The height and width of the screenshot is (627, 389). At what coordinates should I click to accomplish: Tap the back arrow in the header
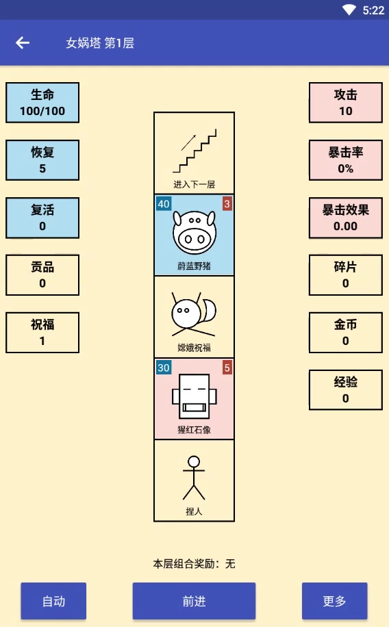pyautogui.click(x=23, y=42)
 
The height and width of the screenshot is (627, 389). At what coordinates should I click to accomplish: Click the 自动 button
pyautogui.click(x=53, y=601)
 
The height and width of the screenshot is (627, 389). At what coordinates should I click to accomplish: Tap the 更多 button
pyautogui.click(x=334, y=601)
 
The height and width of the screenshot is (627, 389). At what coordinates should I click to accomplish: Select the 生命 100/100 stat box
pyautogui.click(x=42, y=103)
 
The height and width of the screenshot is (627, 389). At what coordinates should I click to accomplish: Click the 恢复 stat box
pyautogui.click(x=42, y=160)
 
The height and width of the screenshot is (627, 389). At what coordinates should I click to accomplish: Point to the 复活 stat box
pyautogui.click(x=42, y=218)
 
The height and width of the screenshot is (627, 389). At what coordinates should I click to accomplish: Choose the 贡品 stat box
pyautogui.click(x=42, y=274)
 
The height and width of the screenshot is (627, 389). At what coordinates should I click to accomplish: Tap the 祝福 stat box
pyautogui.click(x=42, y=332)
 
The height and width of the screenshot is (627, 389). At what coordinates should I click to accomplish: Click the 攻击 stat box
pyautogui.click(x=345, y=103)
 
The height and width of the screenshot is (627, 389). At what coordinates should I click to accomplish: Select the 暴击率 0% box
pyautogui.click(x=345, y=160)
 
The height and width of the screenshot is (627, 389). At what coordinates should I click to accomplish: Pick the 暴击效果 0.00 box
pyautogui.click(x=345, y=218)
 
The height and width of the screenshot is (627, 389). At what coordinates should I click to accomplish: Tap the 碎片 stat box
pyautogui.click(x=345, y=274)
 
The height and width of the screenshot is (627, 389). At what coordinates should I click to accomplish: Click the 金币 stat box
pyautogui.click(x=345, y=332)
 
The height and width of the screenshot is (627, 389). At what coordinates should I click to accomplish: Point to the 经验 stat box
pyautogui.click(x=345, y=389)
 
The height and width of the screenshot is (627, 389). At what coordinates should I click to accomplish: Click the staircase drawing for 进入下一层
pyautogui.click(x=194, y=151)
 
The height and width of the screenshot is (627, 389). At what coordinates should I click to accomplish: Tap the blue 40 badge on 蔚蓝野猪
pyautogui.click(x=164, y=203)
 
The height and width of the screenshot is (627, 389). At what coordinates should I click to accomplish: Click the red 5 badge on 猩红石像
pyautogui.click(x=227, y=368)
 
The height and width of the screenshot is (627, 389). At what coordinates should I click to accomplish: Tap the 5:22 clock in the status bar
pyautogui.click(x=373, y=10)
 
